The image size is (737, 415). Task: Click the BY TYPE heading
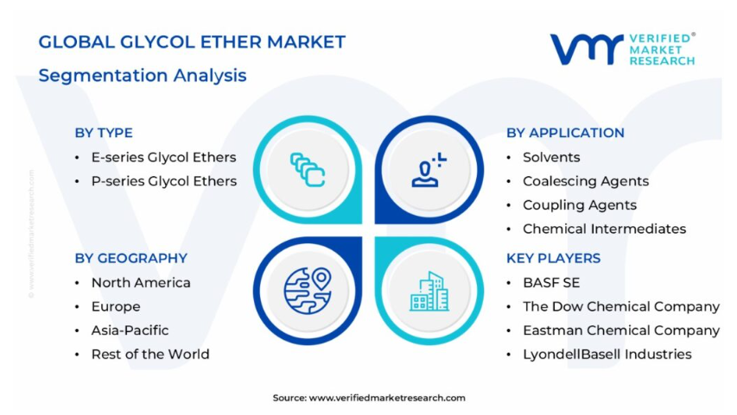click(x=104, y=133)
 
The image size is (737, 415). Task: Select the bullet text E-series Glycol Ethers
click(x=163, y=157)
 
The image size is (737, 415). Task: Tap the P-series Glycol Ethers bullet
click(x=164, y=181)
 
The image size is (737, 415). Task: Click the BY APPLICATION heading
click(x=565, y=133)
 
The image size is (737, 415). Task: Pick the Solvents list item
click(x=551, y=157)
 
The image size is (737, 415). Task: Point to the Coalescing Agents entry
click(x=586, y=181)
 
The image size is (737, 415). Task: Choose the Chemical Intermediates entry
click(x=605, y=229)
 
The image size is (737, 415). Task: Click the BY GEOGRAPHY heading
click(x=130, y=258)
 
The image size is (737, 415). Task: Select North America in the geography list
click(x=141, y=283)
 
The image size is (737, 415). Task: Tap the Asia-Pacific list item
click(x=130, y=330)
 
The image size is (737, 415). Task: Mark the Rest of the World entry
click(x=150, y=354)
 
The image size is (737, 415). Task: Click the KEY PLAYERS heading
click(x=553, y=258)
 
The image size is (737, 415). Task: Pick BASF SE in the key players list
click(x=551, y=283)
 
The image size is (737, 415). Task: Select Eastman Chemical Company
click(x=621, y=330)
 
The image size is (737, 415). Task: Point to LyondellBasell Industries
click(x=607, y=355)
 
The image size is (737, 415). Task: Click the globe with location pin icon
click(x=308, y=290)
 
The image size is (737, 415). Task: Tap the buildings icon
click(x=429, y=291)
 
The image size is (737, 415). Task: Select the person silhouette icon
click(x=429, y=170)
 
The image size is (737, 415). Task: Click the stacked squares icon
click(x=308, y=169)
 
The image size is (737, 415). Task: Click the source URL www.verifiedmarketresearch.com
click(x=387, y=398)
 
